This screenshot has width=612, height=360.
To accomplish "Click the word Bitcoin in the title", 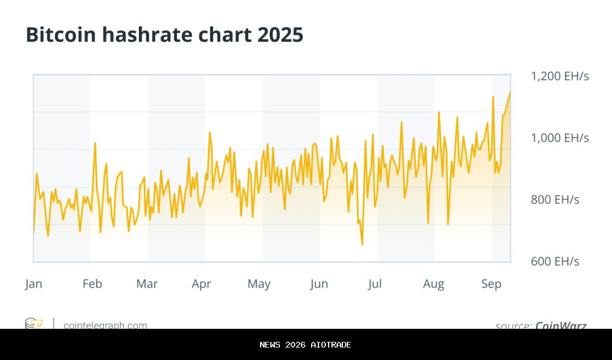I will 61,35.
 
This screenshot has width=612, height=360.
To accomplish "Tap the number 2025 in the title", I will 280,35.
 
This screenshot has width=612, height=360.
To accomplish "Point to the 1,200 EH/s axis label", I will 559,76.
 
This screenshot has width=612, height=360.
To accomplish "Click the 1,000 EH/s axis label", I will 559,138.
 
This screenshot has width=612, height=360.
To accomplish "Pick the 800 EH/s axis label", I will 555,200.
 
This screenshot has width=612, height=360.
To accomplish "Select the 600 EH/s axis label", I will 555,261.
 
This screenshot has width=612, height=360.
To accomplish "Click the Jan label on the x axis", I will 33,284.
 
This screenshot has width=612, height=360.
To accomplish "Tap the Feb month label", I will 92,284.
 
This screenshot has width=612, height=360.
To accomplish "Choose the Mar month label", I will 147,284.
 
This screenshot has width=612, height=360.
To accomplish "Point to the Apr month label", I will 201,284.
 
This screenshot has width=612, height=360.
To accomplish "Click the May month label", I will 259,284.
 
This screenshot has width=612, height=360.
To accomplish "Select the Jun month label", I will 318,284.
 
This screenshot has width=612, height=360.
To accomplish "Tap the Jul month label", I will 375,284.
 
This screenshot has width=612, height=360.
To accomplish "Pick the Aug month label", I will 433,284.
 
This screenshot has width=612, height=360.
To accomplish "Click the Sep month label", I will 491,284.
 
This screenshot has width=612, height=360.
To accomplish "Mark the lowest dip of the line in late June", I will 362,244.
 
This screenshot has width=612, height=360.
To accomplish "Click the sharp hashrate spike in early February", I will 95,143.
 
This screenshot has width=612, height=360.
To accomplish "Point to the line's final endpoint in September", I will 510,92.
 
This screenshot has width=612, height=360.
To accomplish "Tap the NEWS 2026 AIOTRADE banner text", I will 305,345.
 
